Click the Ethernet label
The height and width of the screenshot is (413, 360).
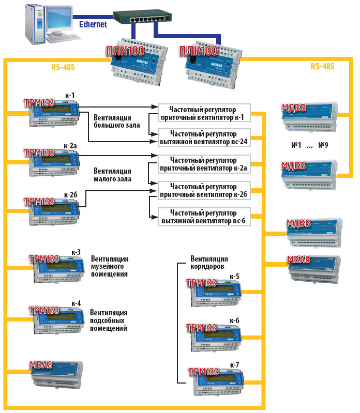93,24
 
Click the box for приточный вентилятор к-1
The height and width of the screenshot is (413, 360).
203,114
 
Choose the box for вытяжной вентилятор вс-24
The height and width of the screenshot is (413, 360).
203,136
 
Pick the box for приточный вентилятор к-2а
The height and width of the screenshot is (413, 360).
203,164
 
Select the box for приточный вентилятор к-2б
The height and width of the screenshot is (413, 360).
203,189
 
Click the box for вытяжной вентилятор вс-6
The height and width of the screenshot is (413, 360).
203,216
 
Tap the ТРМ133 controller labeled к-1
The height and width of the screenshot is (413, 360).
52,114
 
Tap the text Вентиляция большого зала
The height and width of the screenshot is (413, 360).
113,121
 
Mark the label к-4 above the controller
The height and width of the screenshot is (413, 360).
76,303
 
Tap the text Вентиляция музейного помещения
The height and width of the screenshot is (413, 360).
109,266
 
